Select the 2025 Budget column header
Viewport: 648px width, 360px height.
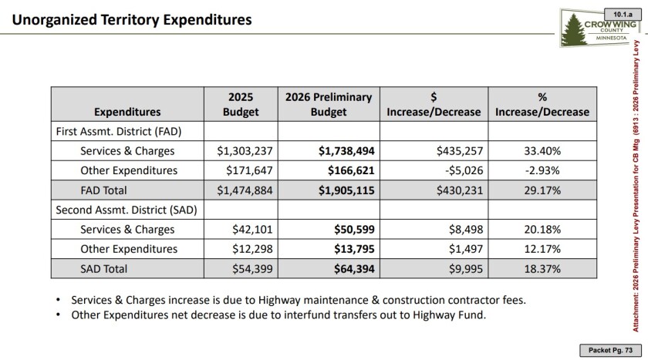click(x=241, y=104)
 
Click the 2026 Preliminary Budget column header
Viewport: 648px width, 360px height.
click(x=329, y=104)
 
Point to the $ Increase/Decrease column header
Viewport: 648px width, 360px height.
click(x=434, y=104)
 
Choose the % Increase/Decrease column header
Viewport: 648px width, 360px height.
click(x=542, y=104)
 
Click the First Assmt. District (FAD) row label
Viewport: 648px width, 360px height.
click(x=119, y=131)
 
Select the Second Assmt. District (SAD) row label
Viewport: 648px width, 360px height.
click(x=126, y=210)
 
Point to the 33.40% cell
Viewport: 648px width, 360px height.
click(x=542, y=151)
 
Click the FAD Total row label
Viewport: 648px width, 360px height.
click(x=103, y=190)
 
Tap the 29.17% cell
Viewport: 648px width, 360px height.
click(x=542, y=190)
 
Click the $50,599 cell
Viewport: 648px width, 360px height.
click(x=354, y=230)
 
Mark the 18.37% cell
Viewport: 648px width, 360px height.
click(x=542, y=269)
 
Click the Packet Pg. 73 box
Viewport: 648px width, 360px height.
click(x=610, y=350)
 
